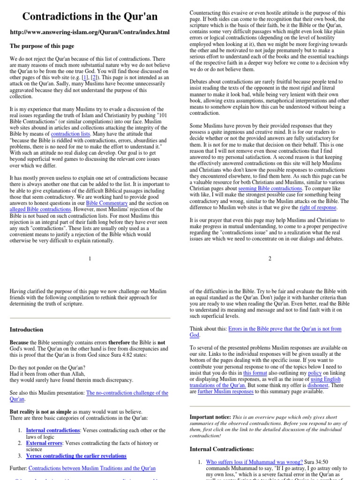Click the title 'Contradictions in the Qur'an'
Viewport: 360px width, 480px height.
click(90, 17)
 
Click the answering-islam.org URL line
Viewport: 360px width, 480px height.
click(90, 32)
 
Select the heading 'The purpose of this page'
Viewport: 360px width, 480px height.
click(42, 46)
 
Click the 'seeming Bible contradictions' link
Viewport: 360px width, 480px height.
click(270, 188)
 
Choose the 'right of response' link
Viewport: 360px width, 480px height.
click(318, 207)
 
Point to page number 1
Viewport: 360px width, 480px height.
click(90, 258)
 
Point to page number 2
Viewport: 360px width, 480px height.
click(270, 258)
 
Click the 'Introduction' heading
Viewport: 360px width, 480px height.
click(27, 330)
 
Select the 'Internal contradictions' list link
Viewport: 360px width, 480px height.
click(53, 430)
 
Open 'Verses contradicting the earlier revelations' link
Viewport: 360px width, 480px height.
click(76, 456)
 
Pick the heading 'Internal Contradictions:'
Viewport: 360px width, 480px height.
click(222, 449)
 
